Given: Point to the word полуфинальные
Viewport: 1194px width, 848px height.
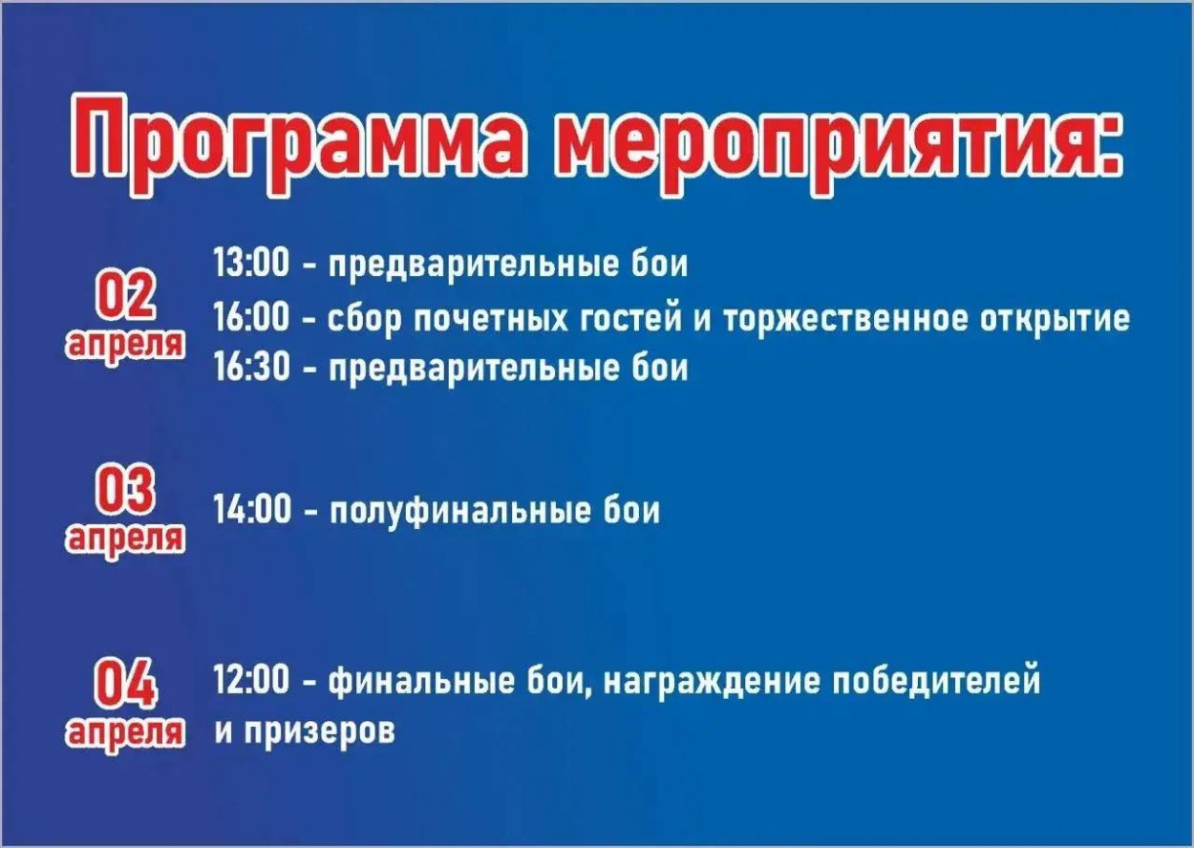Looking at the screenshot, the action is [x=460, y=512].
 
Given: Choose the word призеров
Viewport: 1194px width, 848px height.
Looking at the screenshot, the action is [x=320, y=731].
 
